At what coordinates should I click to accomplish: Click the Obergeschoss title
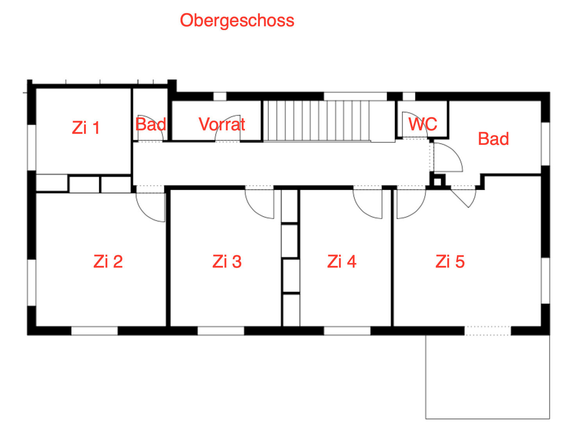click(x=237, y=20)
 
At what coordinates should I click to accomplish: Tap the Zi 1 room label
click(x=86, y=128)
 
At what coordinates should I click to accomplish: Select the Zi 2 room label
click(x=108, y=261)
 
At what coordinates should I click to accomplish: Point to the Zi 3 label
click(x=227, y=261)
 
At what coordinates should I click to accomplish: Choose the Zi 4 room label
click(x=342, y=261)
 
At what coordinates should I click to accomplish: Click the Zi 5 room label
click(x=450, y=261)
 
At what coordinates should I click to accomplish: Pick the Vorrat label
click(x=222, y=124)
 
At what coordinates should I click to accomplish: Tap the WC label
click(x=423, y=124)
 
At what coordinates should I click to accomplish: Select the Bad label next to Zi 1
click(x=150, y=125)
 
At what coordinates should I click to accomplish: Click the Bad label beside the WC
click(x=493, y=139)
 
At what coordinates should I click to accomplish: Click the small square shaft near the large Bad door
click(x=438, y=182)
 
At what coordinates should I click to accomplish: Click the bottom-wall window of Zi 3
click(x=221, y=331)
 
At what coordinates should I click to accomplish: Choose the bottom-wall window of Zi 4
click(x=347, y=331)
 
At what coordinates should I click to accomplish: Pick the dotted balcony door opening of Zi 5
click(x=488, y=331)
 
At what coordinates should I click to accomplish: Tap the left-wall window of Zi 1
click(x=32, y=147)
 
